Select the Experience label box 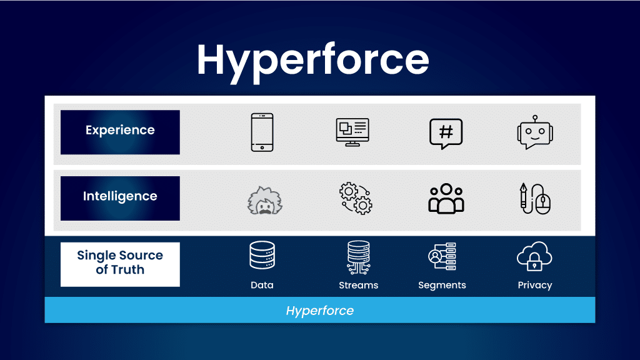point(120,132)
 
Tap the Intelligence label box point(120,198)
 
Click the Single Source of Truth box point(120,264)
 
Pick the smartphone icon point(262,132)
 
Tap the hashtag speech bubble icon point(446,134)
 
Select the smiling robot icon point(535,132)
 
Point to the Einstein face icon point(265,201)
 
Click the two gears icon point(356,198)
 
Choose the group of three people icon point(446,199)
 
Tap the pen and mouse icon point(535,199)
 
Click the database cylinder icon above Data point(262,255)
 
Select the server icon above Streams point(358,257)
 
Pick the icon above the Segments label point(442,256)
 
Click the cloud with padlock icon point(535,256)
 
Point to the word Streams point(358,285)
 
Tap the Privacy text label point(535,285)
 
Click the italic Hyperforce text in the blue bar point(319,311)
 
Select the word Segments point(442,285)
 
